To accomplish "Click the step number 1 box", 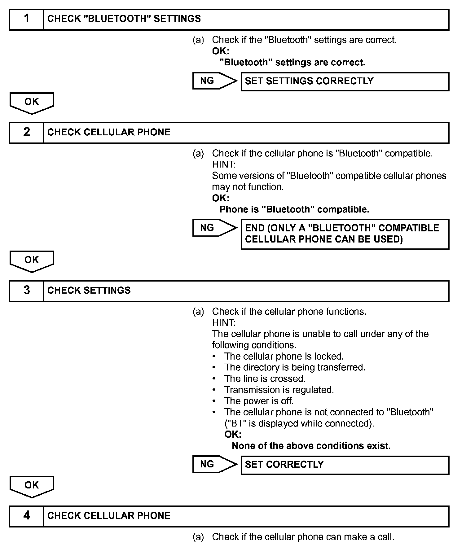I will [27, 19].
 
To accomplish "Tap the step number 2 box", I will [27, 133].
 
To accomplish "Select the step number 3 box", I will [27, 291].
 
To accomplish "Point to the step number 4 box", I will [27, 516].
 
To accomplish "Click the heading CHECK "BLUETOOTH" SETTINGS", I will [124, 19].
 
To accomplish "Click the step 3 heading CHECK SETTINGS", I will [89, 291].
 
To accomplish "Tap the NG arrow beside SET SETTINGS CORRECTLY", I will [214, 81].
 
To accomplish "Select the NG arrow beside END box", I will [214, 228].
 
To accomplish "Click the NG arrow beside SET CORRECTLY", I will [214, 464].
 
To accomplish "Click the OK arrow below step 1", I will [32, 103].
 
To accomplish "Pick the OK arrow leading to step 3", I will [32, 261].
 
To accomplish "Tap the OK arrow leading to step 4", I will [32, 486].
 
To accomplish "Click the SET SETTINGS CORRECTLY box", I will [345, 81].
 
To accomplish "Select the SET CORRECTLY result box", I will [345, 465].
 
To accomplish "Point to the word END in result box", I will [255, 228].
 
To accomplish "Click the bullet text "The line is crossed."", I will [265, 379].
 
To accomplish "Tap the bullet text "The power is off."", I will [259, 401].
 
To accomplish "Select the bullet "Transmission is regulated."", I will [279, 390].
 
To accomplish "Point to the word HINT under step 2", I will [223, 164].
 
